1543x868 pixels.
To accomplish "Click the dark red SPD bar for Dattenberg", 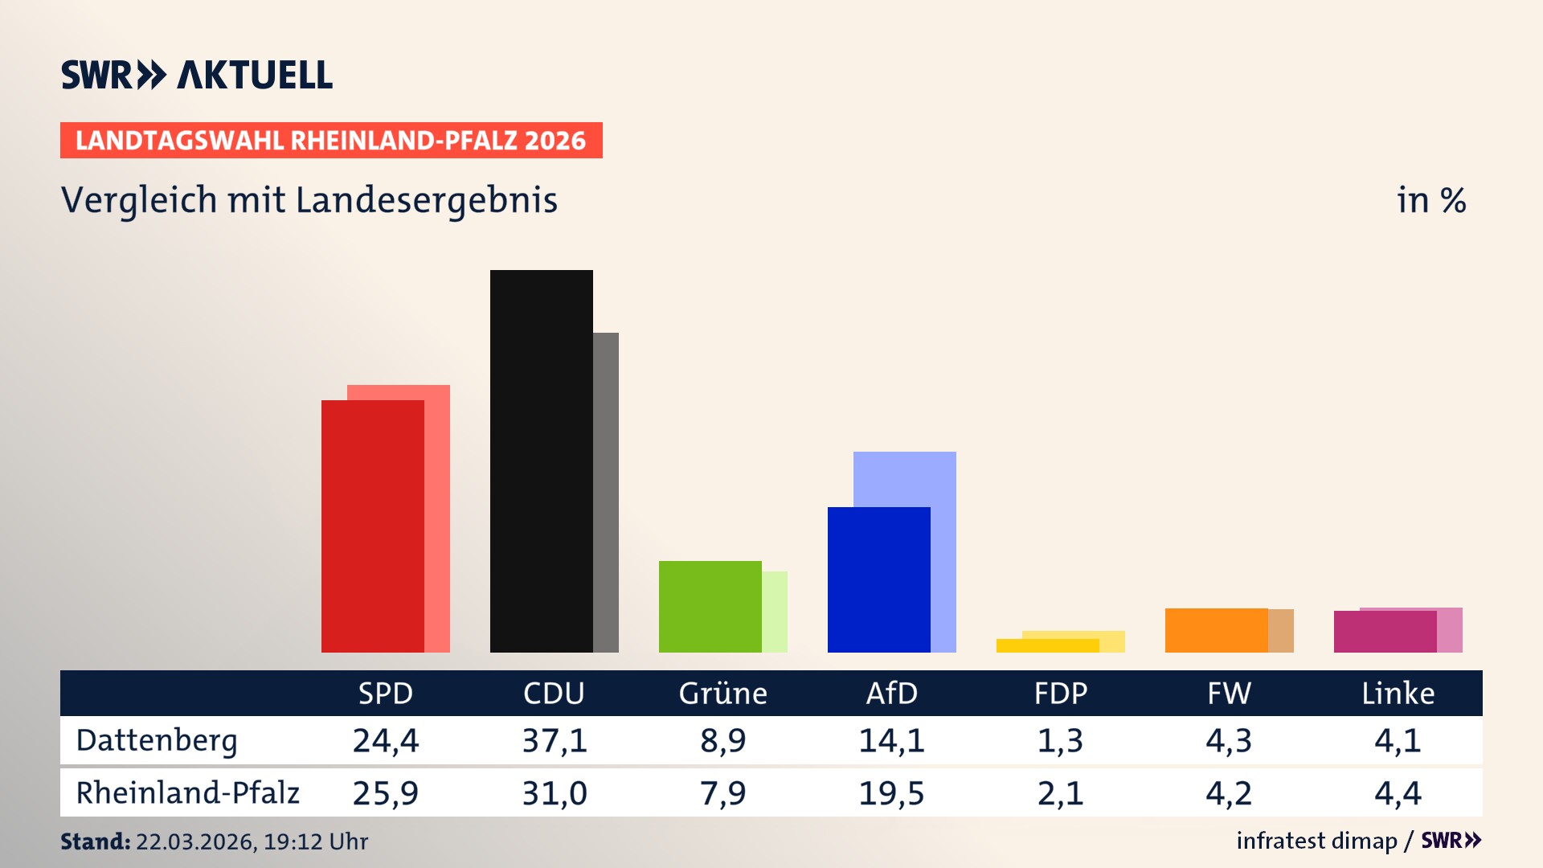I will click(372, 526).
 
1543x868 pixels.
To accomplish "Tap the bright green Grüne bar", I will click(710, 607).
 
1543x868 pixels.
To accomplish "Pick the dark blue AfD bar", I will click(878, 579).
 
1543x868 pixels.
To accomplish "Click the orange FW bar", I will click(1216, 630).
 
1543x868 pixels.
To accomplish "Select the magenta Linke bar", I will click(1385, 632).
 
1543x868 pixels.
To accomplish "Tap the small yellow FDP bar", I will click(1047, 645).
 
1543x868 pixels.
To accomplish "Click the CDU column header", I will click(554, 694).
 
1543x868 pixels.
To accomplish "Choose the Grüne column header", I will click(722, 694).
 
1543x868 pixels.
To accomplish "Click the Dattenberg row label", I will click(157, 740).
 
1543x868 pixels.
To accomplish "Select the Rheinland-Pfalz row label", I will click(187, 793).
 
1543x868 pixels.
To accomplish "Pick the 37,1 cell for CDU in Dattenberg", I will click(555, 740).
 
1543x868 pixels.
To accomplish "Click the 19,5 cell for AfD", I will click(891, 793).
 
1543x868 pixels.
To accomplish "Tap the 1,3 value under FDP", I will click(1060, 740).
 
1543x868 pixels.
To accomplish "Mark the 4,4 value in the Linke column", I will click(1398, 793).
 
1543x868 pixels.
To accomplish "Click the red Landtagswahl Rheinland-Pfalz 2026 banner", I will click(331, 141).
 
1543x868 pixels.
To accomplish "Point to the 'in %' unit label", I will click(1431, 200).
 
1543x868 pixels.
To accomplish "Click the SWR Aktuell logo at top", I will click(197, 75).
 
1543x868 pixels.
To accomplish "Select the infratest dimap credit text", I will click(1316, 841).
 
